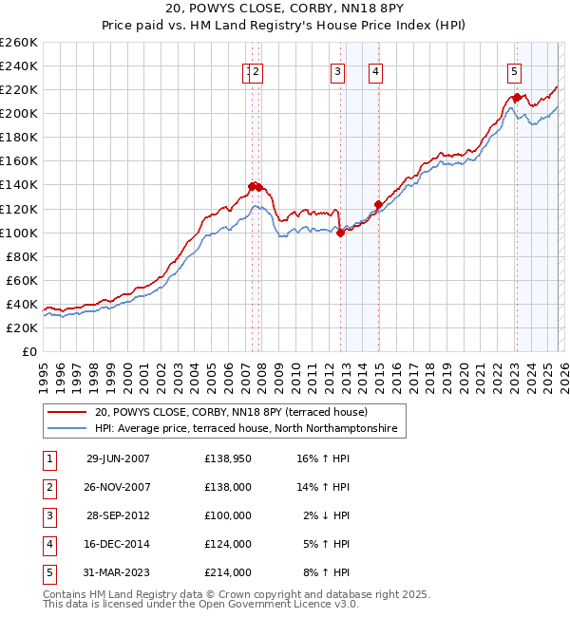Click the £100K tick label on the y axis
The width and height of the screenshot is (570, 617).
[x=18, y=233]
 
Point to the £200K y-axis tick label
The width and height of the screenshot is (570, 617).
[x=18, y=113]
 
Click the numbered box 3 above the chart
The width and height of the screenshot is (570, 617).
[x=337, y=70]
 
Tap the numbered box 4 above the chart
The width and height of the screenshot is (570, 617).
[x=376, y=70]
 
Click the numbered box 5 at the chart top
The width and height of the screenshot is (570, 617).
[x=514, y=70]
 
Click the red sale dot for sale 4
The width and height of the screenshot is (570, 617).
[x=378, y=204]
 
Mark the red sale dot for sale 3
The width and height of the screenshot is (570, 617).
[x=340, y=233]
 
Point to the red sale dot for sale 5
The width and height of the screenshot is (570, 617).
[x=517, y=97]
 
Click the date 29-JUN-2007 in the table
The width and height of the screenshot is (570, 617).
[x=118, y=458]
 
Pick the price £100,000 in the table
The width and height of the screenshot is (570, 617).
[x=228, y=515]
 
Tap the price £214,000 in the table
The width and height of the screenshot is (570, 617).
[x=228, y=572]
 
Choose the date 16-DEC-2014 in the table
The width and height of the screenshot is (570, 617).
[x=118, y=544]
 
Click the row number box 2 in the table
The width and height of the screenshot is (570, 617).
[x=48, y=487]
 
